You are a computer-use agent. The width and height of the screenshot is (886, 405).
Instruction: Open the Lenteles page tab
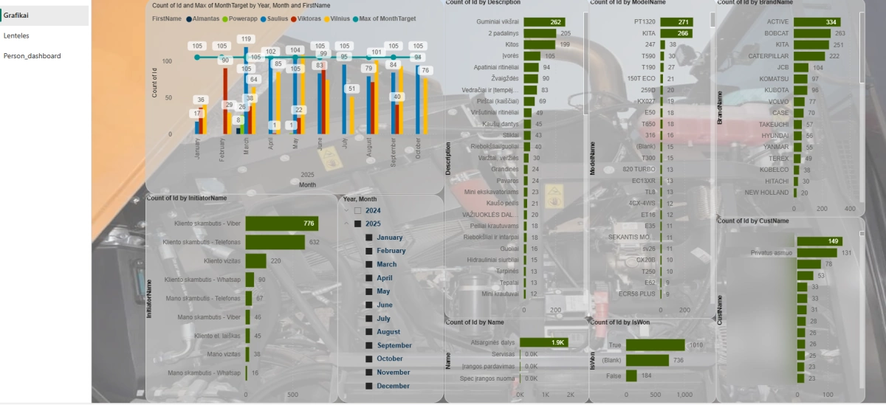(16, 35)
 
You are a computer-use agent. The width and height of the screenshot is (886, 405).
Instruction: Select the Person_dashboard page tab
(32, 56)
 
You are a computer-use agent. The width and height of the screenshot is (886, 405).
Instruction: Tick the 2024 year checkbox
(357, 210)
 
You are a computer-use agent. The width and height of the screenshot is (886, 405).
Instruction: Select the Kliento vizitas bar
(255, 260)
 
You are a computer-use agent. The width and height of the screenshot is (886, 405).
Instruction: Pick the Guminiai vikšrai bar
(545, 22)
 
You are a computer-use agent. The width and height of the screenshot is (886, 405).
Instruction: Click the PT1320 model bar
(676, 22)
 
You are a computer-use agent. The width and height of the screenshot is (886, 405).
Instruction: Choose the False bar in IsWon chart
(631, 375)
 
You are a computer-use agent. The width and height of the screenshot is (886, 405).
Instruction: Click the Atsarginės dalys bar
(543, 342)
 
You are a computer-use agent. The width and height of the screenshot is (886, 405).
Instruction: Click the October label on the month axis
(419, 148)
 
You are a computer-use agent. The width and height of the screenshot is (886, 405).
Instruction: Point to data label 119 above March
(247, 39)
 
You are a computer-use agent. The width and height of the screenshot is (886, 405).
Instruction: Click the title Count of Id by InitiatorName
(188, 198)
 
